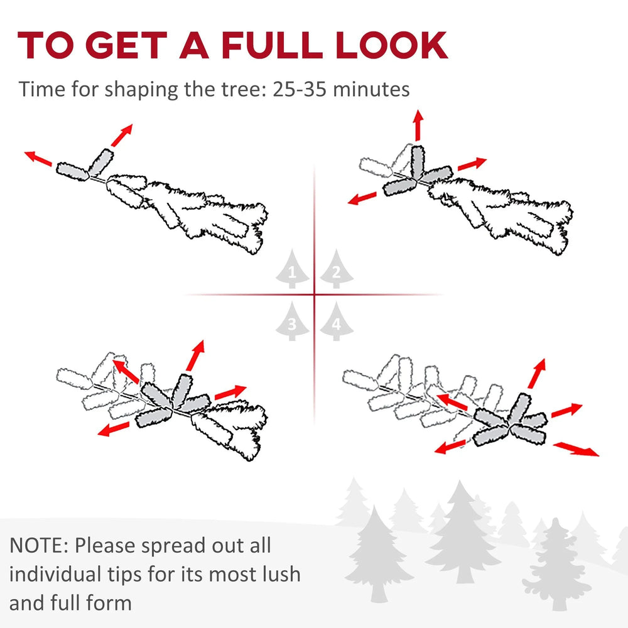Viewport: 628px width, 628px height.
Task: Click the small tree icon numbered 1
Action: pos(292,269)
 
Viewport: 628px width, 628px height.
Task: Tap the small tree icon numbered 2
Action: pos(337,269)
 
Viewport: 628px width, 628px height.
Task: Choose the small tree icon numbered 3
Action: pos(292,321)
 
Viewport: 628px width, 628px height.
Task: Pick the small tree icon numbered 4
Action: pos(337,321)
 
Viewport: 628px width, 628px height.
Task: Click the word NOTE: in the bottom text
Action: pos(39,546)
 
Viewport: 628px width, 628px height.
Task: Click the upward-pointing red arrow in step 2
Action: pos(418,125)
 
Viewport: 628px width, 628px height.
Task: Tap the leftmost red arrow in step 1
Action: pos(38,158)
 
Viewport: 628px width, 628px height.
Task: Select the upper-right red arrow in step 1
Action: pos(122,135)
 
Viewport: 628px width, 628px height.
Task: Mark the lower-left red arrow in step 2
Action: pos(362,198)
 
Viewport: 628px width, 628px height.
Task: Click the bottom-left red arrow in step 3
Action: pos(114,429)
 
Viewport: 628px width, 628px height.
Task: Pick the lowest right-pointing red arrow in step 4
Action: pos(576,449)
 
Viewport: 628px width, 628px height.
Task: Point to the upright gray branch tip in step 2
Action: pos(418,162)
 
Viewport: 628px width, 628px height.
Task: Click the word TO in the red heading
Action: pos(45,45)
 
